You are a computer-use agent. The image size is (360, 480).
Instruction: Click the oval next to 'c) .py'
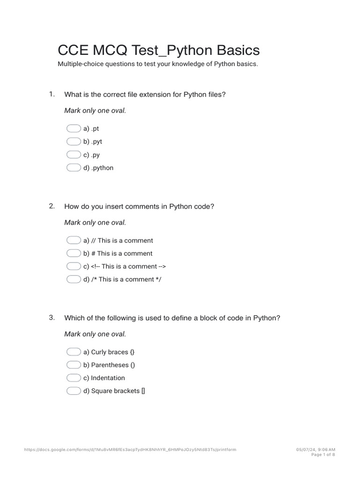point(74,155)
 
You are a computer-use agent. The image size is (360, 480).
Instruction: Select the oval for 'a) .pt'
point(74,128)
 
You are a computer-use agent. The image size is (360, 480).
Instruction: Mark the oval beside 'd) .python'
point(74,168)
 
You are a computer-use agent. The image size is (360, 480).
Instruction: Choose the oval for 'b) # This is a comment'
point(74,254)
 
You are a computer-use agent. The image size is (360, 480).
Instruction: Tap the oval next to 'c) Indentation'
point(74,378)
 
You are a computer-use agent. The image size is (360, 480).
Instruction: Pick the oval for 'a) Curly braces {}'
point(74,352)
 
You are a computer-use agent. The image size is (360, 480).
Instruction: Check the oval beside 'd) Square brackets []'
point(74,391)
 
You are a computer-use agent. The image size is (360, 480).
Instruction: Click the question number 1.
point(52,94)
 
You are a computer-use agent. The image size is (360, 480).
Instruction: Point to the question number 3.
point(52,318)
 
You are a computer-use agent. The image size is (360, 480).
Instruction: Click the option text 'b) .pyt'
point(93,142)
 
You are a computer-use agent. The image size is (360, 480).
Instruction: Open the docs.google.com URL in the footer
point(130,450)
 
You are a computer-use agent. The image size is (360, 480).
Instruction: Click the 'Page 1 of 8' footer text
point(323,455)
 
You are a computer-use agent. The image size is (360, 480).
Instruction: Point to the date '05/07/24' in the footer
point(305,450)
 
